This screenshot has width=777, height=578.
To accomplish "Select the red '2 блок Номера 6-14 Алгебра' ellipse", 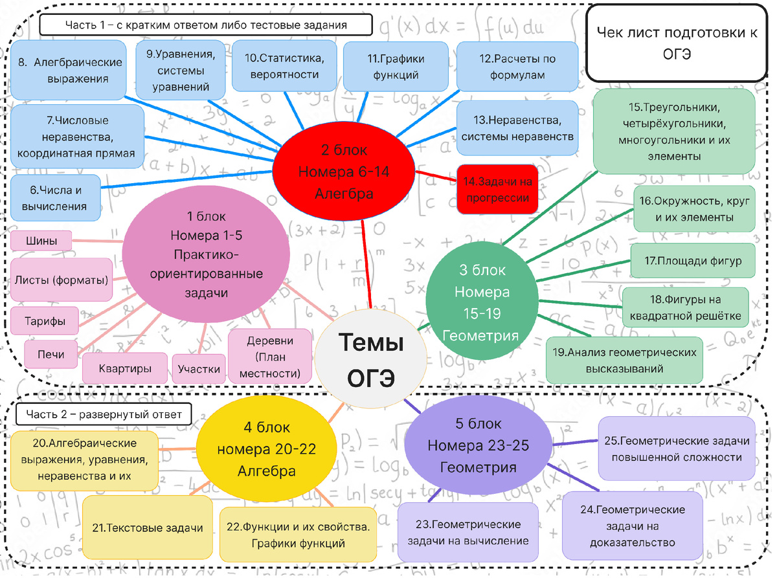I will coord(344,172).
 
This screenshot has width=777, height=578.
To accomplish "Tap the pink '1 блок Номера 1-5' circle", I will coord(207,255).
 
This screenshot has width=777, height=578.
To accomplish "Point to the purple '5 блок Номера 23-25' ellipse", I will coord(478,446).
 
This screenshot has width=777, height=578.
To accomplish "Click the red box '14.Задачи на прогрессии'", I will coord(497,190).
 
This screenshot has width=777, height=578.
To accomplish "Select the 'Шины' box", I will coord(41,241).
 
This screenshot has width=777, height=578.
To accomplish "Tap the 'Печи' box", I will coord(51,354).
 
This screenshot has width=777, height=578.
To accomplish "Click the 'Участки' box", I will coord(199,369).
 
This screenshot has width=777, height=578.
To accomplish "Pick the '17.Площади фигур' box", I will coord(693,261).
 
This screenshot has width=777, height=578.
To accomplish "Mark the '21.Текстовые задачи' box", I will coord(148,528).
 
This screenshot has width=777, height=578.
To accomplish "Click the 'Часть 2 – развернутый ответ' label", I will coord(104,414).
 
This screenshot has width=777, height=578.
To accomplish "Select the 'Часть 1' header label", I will coord(206,25).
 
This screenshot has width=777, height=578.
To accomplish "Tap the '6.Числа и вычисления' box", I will coord(56,198).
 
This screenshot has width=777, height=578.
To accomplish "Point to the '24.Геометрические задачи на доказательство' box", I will coord(633,526).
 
